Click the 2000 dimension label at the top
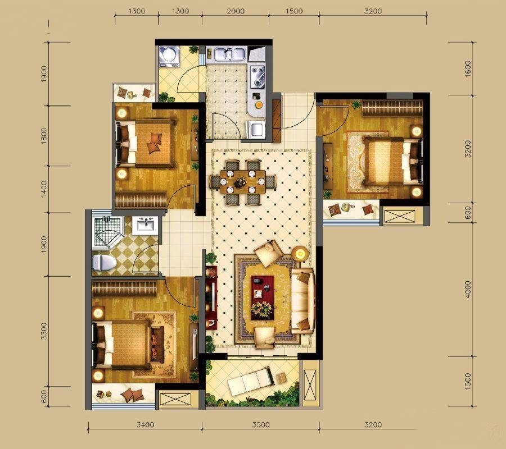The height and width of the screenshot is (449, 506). (x=236, y=11)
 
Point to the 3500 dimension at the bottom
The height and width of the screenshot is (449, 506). (x=261, y=425)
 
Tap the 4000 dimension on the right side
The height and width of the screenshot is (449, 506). (x=468, y=289)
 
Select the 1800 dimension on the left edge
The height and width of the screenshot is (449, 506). (x=44, y=136)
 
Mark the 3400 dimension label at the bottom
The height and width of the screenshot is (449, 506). (x=145, y=425)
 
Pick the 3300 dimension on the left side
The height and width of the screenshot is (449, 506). (x=44, y=331)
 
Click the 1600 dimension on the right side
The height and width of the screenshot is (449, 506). (x=468, y=68)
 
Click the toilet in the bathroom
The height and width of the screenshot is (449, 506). (x=104, y=263)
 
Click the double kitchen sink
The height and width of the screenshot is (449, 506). (x=229, y=54)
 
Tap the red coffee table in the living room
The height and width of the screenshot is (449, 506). (x=263, y=297)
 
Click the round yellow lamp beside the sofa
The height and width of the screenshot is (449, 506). (x=300, y=254)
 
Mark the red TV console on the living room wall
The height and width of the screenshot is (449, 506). (x=211, y=297)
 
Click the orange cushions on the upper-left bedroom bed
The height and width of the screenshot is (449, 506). (x=154, y=143)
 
